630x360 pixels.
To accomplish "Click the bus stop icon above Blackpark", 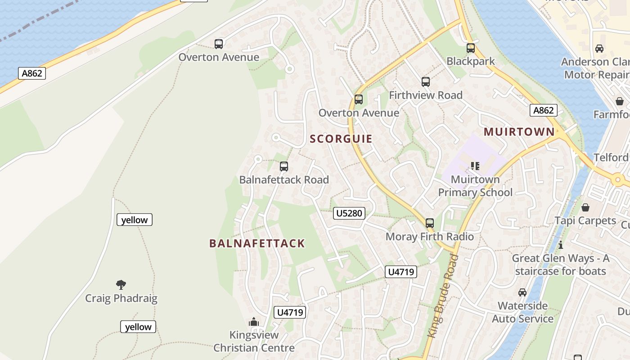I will (x=470, y=48).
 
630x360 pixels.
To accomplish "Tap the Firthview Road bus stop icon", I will (x=426, y=82).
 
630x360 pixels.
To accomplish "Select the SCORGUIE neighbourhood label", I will (x=341, y=139).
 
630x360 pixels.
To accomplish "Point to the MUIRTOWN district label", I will (x=519, y=132).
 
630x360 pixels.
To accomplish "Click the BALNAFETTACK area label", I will (x=257, y=244).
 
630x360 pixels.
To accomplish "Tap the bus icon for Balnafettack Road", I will (x=284, y=166).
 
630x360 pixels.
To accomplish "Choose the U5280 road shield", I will (x=349, y=213).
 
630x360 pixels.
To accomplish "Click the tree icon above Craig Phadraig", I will (x=121, y=284).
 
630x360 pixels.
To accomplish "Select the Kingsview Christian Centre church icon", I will (x=254, y=322).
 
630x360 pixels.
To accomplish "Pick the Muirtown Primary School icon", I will (x=475, y=166).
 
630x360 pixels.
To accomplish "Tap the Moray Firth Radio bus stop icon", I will (x=430, y=223).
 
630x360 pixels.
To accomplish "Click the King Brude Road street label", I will (x=443, y=296).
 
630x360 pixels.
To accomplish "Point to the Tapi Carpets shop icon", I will (x=585, y=207).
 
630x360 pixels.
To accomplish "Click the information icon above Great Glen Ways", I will (x=561, y=245).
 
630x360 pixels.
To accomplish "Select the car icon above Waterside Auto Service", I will (x=522, y=292).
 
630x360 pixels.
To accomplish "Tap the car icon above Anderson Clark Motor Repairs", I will (x=599, y=49).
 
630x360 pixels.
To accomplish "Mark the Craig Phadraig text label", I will (x=121, y=298).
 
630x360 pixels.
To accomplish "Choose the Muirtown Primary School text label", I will (x=475, y=186).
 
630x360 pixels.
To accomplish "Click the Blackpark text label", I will (x=470, y=61).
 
